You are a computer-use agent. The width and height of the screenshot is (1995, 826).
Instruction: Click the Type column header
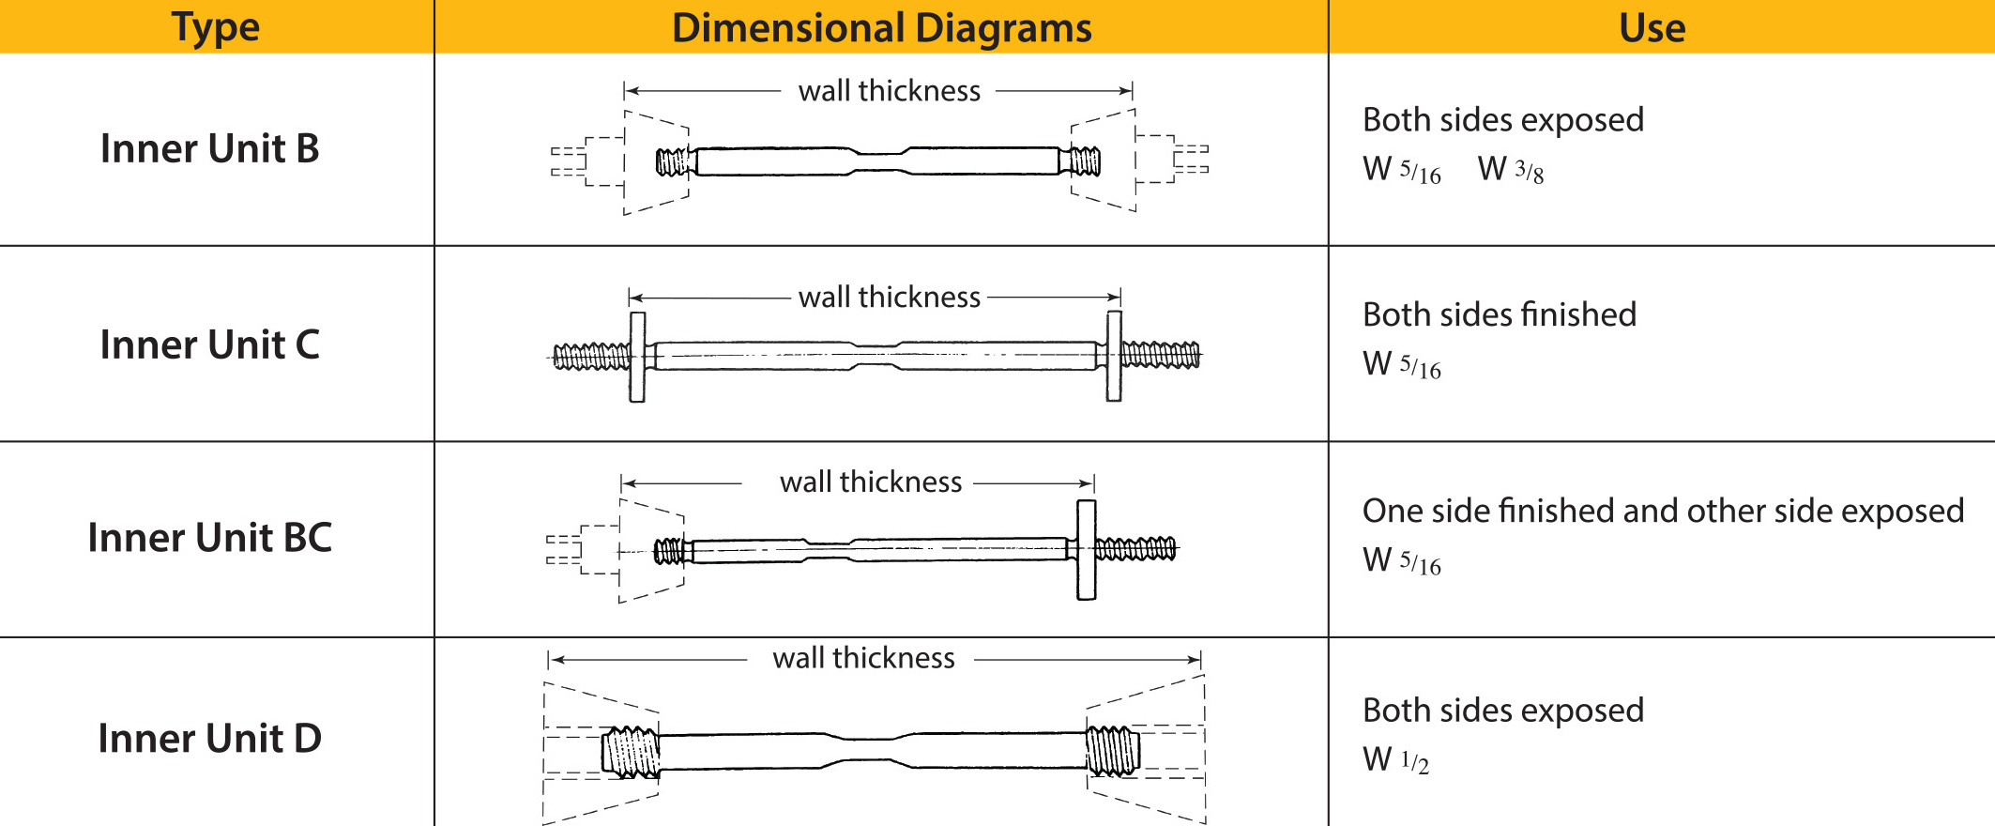(216, 27)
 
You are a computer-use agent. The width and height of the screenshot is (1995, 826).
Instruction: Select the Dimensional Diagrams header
(881, 27)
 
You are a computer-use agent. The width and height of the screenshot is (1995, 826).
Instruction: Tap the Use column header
(1652, 27)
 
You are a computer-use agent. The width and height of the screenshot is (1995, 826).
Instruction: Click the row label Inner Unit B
(209, 148)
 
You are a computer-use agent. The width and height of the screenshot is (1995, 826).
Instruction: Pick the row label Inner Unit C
(209, 344)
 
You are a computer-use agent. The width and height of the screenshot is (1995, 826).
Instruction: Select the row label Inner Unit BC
(209, 538)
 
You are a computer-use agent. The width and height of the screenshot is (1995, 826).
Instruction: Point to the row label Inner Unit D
(209, 739)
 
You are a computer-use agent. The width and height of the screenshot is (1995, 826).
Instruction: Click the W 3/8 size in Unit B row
(1510, 170)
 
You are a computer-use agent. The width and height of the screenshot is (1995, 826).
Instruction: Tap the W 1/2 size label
(1395, 759)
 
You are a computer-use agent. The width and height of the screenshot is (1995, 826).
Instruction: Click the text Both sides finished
(1499, 314)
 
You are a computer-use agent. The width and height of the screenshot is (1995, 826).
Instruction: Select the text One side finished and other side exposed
(1663, 511)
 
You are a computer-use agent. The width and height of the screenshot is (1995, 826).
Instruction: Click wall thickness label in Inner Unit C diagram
(889, 298)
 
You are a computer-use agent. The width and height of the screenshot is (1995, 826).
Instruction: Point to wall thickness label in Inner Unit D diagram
(863, 658)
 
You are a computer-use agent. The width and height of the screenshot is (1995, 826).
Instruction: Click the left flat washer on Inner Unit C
(637, 357)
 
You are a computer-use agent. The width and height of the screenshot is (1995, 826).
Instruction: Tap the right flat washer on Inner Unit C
(1114, 357)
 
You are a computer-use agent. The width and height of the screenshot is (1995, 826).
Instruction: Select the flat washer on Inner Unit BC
(1086, 550)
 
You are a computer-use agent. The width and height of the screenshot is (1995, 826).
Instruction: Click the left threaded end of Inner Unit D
(631, 752)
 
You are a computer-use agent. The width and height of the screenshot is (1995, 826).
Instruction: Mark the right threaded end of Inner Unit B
(1085, 161)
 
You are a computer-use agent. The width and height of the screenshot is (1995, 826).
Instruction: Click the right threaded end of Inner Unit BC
(1135, 549)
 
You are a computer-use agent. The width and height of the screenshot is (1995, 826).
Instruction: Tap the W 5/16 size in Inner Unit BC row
(1401, 560)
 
